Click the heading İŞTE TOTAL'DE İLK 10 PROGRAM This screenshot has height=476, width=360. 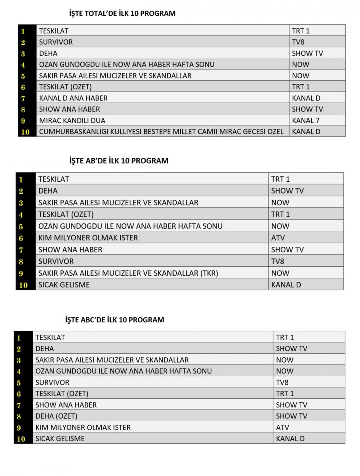click(x=122, y=14)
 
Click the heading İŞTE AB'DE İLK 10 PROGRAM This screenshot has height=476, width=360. click(x=119, y=161)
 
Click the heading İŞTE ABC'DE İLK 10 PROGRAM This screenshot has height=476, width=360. click(x=114, y=320)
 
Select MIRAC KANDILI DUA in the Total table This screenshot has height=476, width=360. click(x=72, y=121)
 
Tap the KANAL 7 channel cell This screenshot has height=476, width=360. click(x=306, y=121)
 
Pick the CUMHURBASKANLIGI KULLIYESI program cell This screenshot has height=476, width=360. click(x=161, y=132)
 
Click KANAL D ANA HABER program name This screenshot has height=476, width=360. click(x=73, y=98)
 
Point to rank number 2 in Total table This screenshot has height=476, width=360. click(x=23, y=42)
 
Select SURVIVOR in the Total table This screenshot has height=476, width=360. click(x=56, y=42)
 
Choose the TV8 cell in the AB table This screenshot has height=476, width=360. click(x=278, y=261)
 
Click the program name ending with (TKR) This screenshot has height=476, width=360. click(x=128, y=273)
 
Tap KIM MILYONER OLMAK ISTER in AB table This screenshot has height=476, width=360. click(x=88, y=238)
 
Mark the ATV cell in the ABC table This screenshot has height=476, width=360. click(x=282, y=427)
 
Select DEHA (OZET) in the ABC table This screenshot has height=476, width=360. click(x=56, y=416)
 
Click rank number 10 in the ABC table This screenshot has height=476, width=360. click(x=21, y=439)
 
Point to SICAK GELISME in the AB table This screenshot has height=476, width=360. click(x=64, y=285)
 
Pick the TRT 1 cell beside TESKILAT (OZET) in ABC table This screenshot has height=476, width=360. click(x=285, y=394)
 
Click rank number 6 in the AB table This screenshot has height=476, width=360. click(x=21, y=238)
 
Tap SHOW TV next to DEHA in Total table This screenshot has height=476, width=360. click(x=307, y=53)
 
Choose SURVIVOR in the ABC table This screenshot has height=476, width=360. click(x=52, y=382)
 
